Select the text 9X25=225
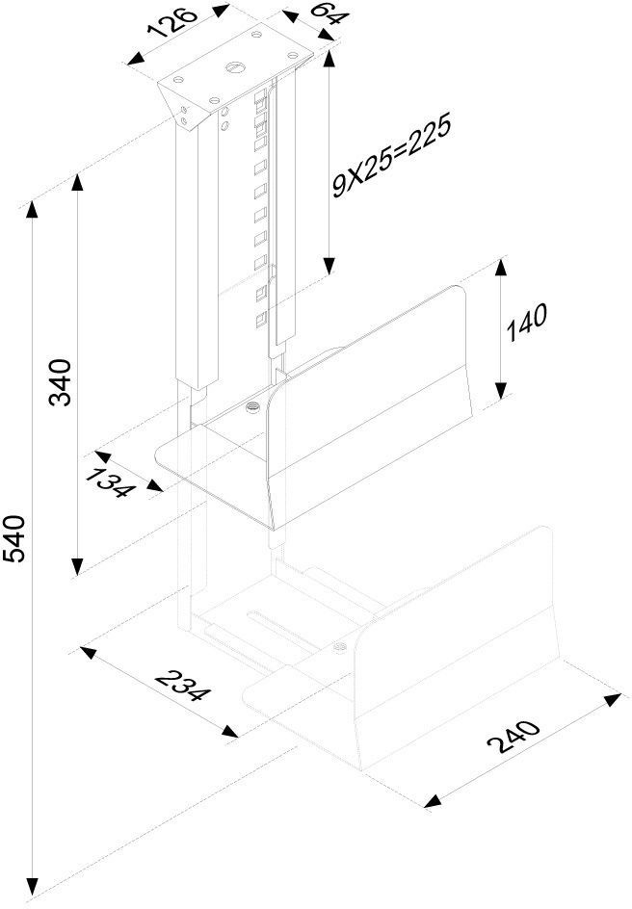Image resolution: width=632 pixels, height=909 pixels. click(x=389, y=158)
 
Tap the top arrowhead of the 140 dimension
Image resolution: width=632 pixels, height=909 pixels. click(x=500, y=266)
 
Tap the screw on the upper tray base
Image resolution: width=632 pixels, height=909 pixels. click(x=253, y=409)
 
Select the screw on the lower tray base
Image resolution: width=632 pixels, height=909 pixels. click(x=338, y=645)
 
